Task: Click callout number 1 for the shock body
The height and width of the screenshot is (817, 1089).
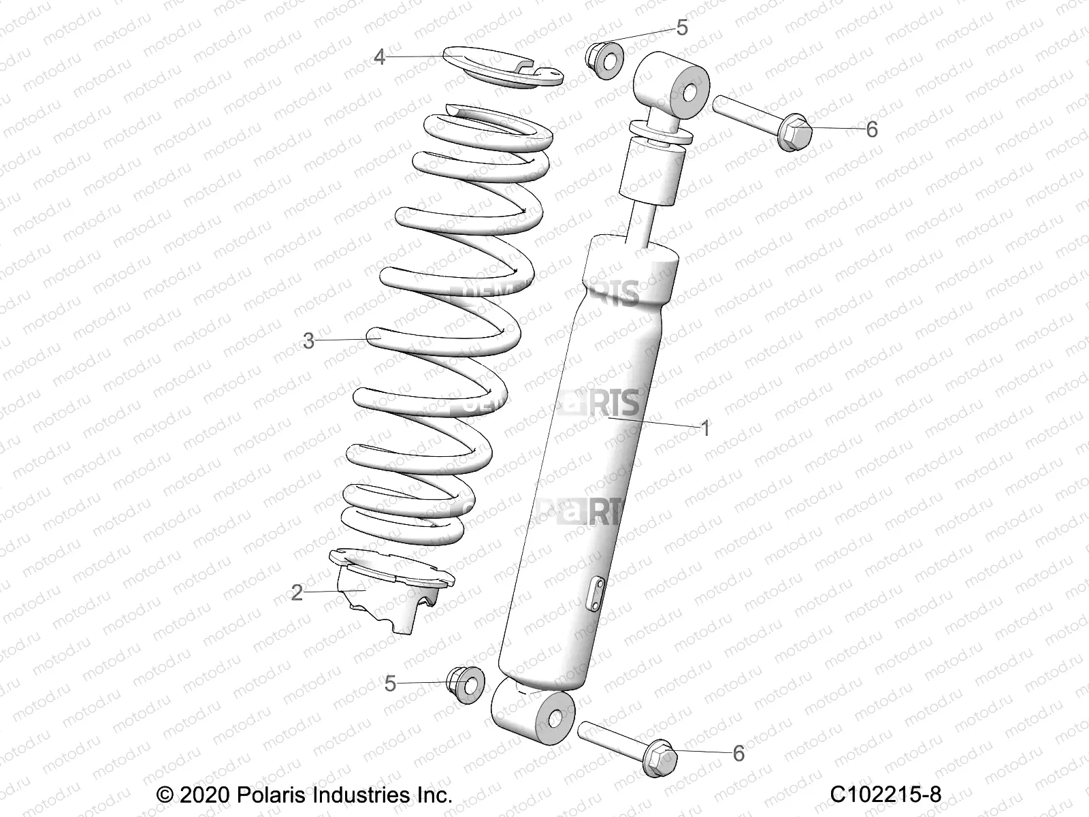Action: (706, 429)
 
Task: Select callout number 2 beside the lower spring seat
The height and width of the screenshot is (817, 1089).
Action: (297, 592)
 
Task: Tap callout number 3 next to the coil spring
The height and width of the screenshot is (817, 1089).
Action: (309, 340)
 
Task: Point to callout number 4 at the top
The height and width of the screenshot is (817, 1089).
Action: (380, 57)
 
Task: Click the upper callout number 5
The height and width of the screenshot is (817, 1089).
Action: (682, 28)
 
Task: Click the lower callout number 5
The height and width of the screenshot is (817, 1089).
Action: (390, 684)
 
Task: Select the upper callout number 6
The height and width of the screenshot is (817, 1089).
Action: (872, 129)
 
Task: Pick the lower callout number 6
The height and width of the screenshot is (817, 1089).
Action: (738, 754)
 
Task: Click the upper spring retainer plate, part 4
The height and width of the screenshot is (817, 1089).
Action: (500, 68)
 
